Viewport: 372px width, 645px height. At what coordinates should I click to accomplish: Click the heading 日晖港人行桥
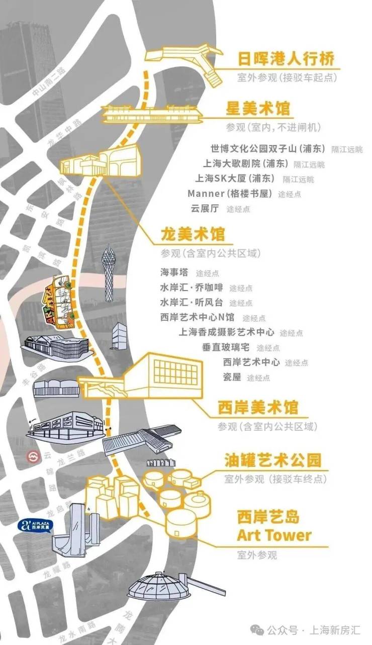point(286,59)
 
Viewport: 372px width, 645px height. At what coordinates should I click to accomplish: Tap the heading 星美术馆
point(258,108)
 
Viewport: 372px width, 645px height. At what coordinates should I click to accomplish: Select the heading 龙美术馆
point(193,234)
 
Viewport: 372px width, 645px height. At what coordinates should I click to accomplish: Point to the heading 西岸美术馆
point(258,407)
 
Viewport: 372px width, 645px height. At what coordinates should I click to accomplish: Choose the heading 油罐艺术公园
point(273,460)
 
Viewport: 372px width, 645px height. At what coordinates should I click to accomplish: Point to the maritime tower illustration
point(109,273)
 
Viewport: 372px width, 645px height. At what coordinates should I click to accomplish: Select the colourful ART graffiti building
point(60,302)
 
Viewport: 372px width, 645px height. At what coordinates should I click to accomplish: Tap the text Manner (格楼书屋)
point(230,193)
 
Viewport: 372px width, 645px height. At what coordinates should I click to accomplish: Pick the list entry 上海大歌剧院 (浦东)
point(245,163)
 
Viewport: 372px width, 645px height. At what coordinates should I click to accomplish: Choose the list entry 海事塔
point(174,272)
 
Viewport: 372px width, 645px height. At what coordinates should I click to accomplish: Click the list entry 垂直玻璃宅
point(225,347)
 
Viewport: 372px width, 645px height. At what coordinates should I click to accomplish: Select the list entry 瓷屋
point(232,377)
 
